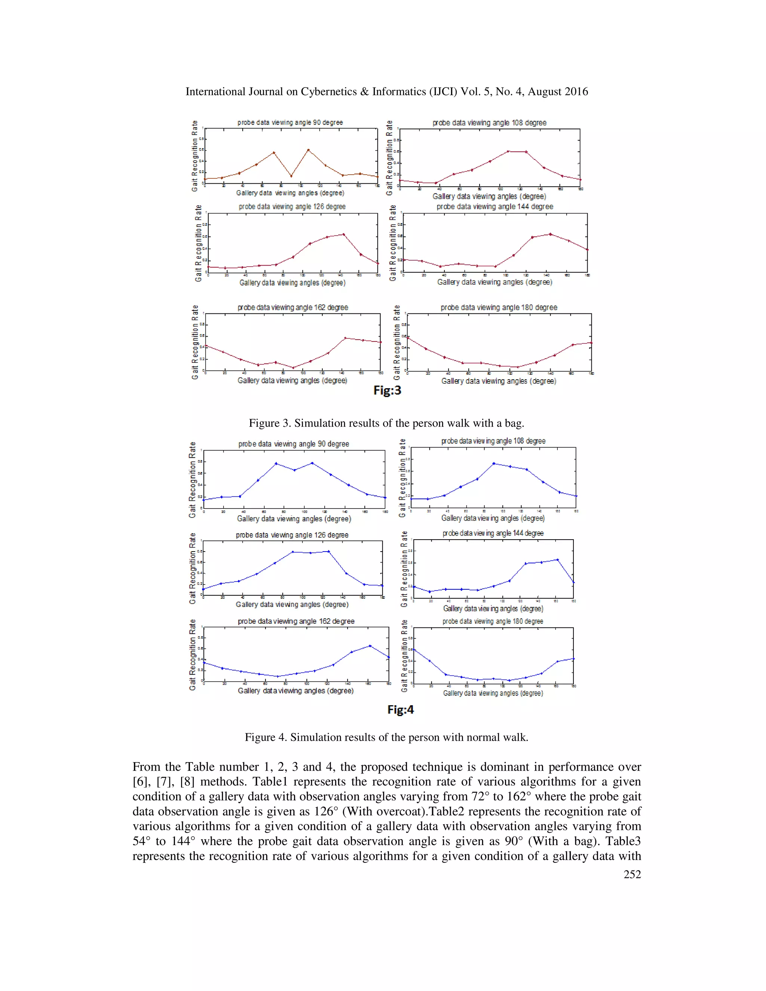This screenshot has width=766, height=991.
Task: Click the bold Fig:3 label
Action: [x=387, y=391]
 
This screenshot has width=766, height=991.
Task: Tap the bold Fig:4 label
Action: [x=400, y=710]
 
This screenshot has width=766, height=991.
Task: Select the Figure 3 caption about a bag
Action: [x=386, y=423]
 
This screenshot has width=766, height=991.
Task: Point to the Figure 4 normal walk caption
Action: [x=386, y=737]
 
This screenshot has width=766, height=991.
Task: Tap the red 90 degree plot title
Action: [x=290, y=123]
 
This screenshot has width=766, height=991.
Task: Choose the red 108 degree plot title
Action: [x=489, y=123]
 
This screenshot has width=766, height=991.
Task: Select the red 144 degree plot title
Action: [x=494, y=207]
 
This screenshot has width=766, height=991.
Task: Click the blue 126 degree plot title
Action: [x=292, y=536]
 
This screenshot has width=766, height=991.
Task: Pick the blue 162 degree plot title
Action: [x=296, y=622]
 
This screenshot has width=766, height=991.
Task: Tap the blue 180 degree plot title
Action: [x=493, y=622]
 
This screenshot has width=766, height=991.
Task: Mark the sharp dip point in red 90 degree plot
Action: [x=291, y=176]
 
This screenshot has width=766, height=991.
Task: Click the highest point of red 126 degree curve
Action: [x=343, y=234]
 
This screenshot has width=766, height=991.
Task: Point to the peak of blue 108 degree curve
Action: [x=494, y=463]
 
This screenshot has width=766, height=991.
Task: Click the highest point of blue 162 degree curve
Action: [x=370, y=646]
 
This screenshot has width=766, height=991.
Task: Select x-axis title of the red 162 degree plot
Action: [x=292, y=381]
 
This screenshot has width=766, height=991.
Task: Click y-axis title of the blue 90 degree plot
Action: [x=192, y=480]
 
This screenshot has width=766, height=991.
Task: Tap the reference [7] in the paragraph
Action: [x=164, y=782]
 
